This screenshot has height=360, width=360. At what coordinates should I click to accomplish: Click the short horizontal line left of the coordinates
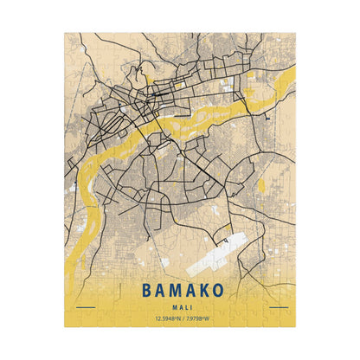point(85,307)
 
